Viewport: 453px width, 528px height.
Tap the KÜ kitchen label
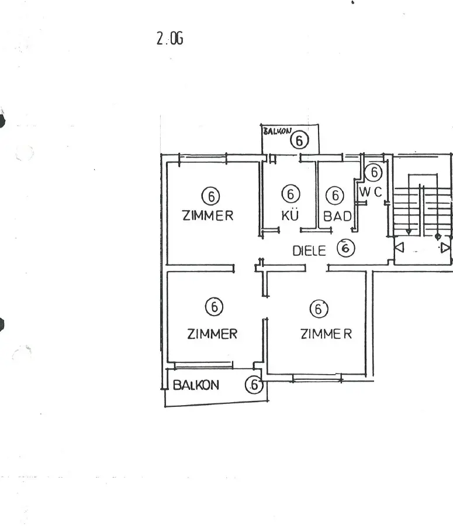291,215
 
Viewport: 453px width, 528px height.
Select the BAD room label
337,216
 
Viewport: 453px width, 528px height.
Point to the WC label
370,191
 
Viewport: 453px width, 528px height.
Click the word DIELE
309,251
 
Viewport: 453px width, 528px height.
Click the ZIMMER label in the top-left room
208,215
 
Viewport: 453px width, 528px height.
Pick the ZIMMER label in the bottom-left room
212,334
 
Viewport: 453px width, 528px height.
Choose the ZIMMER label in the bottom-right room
326,334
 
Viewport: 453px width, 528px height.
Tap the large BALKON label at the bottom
196,385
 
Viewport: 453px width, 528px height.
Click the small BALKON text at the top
278,132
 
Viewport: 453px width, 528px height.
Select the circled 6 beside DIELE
346,248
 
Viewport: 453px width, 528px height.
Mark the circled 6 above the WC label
373,172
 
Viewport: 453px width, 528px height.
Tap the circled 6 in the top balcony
299,140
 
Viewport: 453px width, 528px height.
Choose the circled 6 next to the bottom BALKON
253,385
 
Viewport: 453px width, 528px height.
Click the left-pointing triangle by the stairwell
400,248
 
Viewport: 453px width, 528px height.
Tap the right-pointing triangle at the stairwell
445,248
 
